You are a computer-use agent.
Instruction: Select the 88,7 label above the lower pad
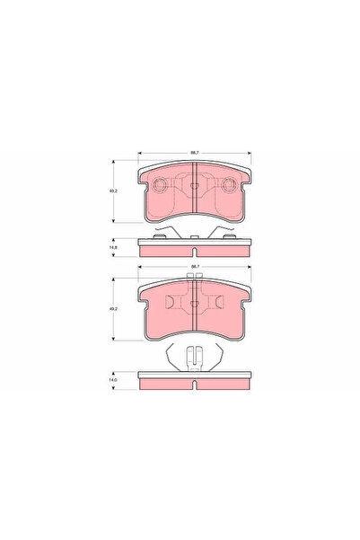(x=194, y=267)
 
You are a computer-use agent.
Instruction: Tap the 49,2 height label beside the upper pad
(x=115, y=191)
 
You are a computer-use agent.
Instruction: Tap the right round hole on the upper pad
(x=227, y=186)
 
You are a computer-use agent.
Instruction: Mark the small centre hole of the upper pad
(x=195, y=186)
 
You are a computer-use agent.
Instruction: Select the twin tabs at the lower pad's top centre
(x=195, y=279)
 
